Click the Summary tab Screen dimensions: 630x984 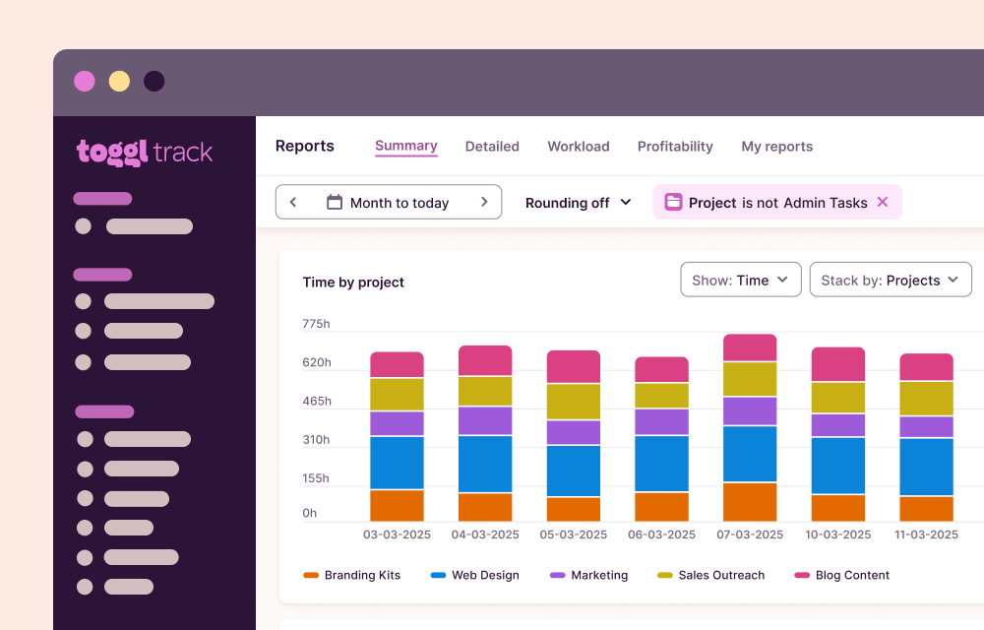pyautogui.click(x=405, y=146)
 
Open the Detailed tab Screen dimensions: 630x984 pyautogui.click(x=492, y=147)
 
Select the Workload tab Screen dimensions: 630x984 pyautogui.click(x=579, y=147)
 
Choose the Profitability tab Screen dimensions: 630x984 pyautogui.click(x=675, y=147)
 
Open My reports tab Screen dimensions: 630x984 pyautogui.click(x=776, y=147)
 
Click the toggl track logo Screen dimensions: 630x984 pyautogui.click(x=145, y=152)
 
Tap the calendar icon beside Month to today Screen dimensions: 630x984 pyautogui.click(x=335, y=202)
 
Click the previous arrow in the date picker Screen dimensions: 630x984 pyautogui.click(x=293, y=202)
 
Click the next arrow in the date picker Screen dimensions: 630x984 pyautogui.click(x=484, y=202)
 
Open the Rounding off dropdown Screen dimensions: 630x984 pyautogui.click(x=579, y=203)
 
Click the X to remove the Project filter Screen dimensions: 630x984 pyautogui.click(x=883, y=202)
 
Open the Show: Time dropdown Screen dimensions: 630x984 pyautogui.click(x=740, y=280)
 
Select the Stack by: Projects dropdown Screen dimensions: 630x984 pyautogui.click(x=890, y=280)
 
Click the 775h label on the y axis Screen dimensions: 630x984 pyautogui.click(x=316, y=324)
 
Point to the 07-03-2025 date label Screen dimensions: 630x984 pyautogui.click(x=750, y=535)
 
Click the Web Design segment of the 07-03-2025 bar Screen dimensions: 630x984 pyautogui.click(x=750, y=454)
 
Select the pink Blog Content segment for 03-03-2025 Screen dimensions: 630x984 pyautogui.click(x=397, y=364)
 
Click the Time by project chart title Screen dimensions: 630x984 pyautogui.click(x=353, y=283)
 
